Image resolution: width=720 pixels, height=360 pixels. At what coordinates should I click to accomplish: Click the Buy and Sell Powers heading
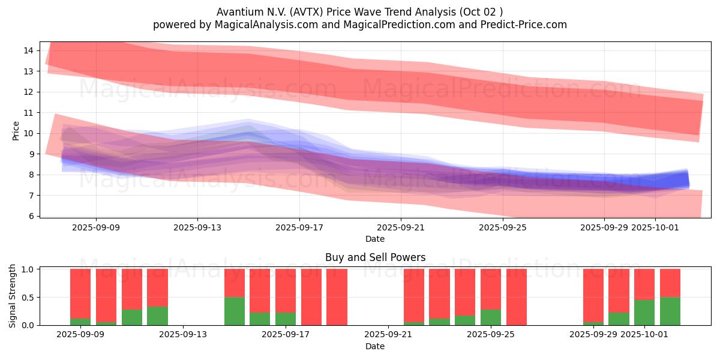375,257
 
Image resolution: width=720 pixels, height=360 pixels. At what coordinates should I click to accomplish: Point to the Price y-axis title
16,130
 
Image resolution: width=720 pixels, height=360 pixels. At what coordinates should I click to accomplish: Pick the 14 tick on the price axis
28,50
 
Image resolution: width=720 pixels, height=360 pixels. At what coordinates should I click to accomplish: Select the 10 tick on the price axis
28,133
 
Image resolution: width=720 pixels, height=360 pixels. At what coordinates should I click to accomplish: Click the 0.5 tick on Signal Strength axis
27,298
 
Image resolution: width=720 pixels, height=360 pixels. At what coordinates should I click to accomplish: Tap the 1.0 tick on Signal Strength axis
27,269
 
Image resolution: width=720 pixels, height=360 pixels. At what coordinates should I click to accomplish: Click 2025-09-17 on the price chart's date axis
299,227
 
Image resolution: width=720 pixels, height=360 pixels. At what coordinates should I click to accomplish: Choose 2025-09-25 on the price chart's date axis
503,227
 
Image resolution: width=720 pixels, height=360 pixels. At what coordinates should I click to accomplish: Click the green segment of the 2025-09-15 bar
235,311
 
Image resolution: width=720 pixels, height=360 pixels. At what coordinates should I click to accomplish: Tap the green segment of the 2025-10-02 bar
670,311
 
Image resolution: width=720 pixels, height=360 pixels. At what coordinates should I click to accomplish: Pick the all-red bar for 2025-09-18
311,297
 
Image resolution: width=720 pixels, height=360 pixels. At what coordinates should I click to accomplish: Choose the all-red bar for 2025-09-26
517,297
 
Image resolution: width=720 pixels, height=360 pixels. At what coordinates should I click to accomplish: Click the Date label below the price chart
375,239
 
